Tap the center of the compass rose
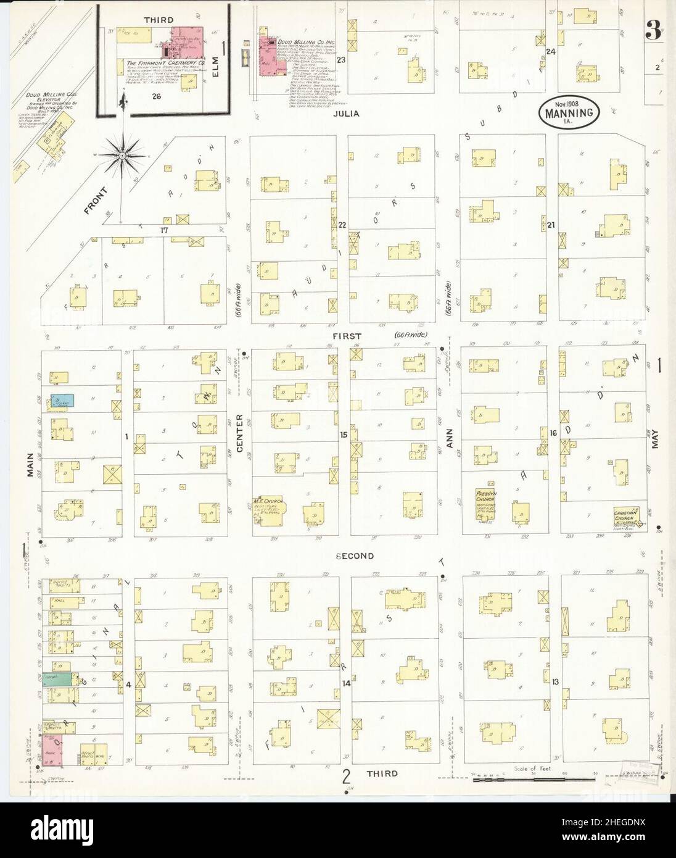[123, 156]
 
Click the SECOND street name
[355, 556]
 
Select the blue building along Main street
[63, 400]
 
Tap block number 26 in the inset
[156, 96]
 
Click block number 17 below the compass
[164, 230]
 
